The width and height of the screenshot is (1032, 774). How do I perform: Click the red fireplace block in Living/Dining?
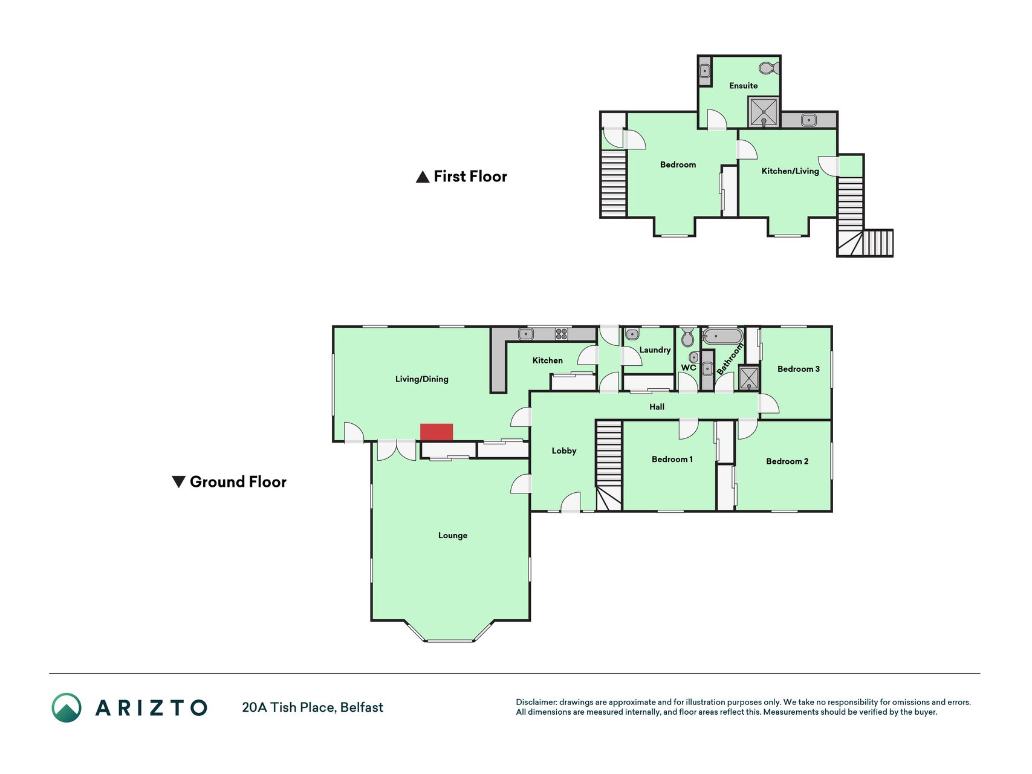coord(436,432)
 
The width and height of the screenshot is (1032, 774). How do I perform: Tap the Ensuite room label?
coord(743,86)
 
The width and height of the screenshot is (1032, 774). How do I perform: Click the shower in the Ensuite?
coord(764,112)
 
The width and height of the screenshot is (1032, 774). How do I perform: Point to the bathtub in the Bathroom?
coord(722,336)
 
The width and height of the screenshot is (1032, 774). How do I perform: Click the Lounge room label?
coord(453,535)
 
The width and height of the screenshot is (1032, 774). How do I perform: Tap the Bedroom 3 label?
coord(799,369)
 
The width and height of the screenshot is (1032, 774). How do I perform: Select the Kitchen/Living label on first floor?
coord(790,171)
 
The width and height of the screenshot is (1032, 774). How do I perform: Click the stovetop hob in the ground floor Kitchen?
coord(562,334)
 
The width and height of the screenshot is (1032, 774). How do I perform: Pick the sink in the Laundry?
coord(632,334)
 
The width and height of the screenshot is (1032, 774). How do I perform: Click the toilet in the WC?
coord(687,337)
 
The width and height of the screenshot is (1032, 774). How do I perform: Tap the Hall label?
coord(657,407)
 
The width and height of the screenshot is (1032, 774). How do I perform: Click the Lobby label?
coord(564,450)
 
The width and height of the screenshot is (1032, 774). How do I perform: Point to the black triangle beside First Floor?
coord(423,177)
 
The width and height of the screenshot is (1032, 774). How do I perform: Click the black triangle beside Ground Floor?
coord(178,482)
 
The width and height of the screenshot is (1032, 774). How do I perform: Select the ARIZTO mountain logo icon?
coord(67,707)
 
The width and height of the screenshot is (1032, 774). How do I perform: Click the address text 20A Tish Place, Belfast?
coord(313,707)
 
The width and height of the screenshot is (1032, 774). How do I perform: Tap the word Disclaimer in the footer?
coord(536,702)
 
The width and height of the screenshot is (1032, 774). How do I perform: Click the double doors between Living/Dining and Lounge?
coord(397,450)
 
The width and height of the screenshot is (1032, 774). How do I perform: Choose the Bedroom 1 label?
coord(672,460)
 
